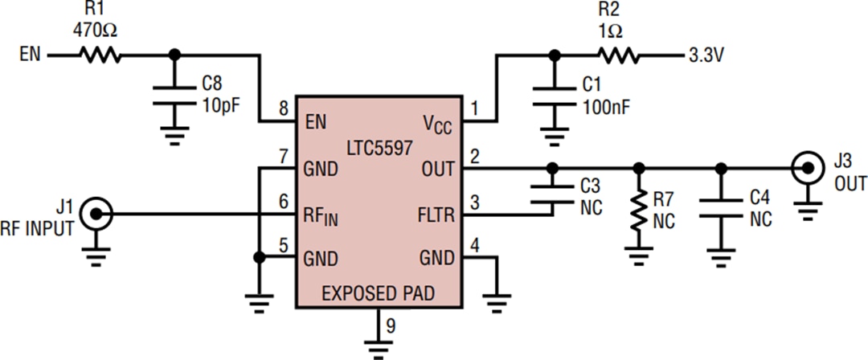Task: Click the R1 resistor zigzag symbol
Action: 99,56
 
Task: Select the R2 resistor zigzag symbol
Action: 616,56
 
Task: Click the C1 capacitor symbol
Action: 551,95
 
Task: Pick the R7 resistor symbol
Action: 639,211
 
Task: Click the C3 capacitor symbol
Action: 551,193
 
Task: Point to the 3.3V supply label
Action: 708,57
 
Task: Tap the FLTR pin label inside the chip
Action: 434,215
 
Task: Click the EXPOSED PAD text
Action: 378,293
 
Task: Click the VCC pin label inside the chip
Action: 438,124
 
